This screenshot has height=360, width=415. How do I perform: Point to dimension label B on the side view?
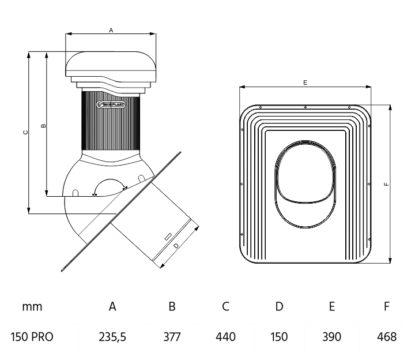pyautogui.click(x=44, y=125)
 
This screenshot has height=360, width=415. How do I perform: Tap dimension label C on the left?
pyautogui.click(x=25, y=132)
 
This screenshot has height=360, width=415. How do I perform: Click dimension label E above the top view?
pyautogui.click(x=305, y=82)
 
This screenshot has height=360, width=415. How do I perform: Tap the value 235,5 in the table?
pyautogui.click(x=113, y=336)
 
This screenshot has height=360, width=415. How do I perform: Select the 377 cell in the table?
pyautogui.click(x=172, y=336)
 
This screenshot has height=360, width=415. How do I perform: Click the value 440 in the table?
pyautogui.click(x=226, y=336)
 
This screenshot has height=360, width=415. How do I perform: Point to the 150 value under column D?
pyautogui.click(x=279, y=336)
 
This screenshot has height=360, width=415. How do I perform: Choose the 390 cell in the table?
pyautogui.click(x=332, y=336)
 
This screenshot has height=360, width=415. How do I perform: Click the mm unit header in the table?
pyautogui.click(x=32, y=306)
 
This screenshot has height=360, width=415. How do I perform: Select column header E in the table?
pyautogui.click(x=332, y=306)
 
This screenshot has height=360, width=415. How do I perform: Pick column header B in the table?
pyautogui.click(x=172, y=306)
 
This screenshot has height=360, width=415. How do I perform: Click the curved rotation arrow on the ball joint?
pyautogui.click(x=110, y=183)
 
